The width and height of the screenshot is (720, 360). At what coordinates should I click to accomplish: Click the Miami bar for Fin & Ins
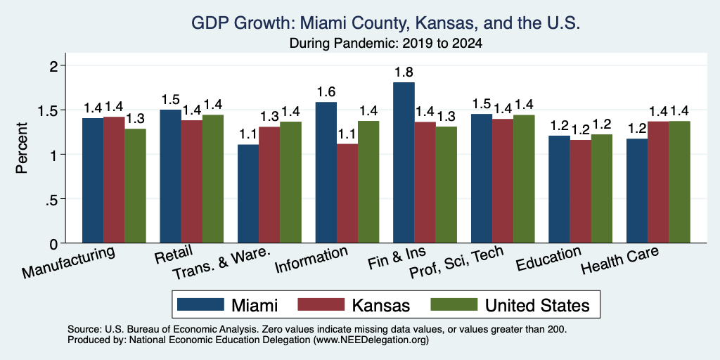click(404, 162)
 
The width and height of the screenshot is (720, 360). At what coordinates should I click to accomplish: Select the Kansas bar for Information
click(347, 193)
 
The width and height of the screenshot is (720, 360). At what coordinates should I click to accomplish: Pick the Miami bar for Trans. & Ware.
click(248, 194)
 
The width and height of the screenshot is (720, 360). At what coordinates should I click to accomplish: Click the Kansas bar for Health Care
click(658, 182)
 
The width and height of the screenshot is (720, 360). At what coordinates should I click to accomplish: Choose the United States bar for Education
click(602, 188)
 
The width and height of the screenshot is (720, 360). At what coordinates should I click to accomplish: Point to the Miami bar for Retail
click(171, 176)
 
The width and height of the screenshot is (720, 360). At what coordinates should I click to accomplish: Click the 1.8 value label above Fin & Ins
click(404, 72)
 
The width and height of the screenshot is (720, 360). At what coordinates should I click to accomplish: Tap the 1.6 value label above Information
click(326, 92)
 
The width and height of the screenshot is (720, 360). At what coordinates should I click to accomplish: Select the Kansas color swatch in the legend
click(321, 304)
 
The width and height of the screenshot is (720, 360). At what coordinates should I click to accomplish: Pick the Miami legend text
click(255, 305)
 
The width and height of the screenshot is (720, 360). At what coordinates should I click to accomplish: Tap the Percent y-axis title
click(22, 148)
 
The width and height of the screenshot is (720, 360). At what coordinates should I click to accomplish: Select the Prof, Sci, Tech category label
click(456, 262)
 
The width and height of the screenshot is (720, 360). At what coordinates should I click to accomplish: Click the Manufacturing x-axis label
click(68, 262)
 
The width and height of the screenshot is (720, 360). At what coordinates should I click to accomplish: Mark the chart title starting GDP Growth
click(385, 23)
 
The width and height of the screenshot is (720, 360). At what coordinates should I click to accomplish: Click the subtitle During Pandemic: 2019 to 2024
click(385, 44)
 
